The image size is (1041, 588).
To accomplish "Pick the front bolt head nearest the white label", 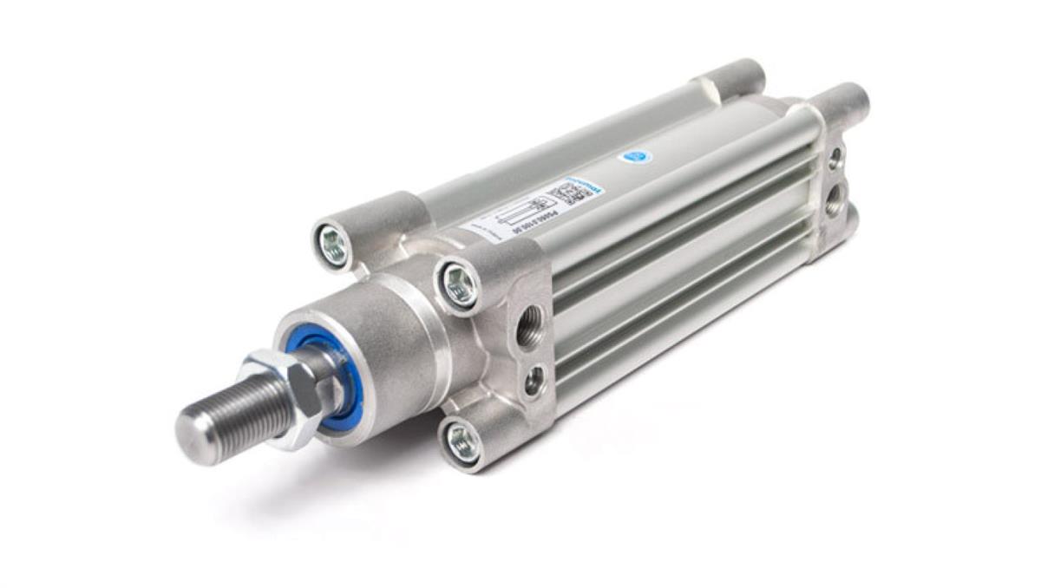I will pyautogui.click(x=460, y=284).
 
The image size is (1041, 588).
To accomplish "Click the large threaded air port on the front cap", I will pyautogui.click(x=528, y=328).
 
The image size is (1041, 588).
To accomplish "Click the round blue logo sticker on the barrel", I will pyautogui.click(x=637, y=157).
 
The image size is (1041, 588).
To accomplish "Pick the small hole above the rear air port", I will pyautogui.click(x=835, y=158).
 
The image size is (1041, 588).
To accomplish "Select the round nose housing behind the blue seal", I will pyautogui.click(x=390, y=347).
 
